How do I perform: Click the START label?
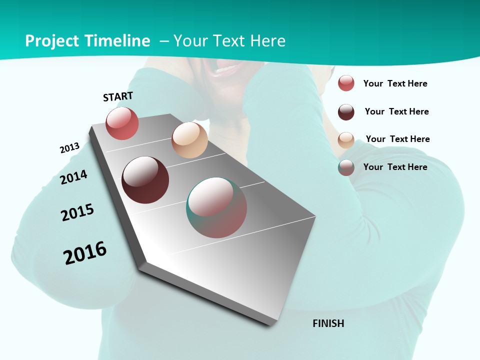[x=118, y=96]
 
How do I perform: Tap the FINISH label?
[x=328, y=323]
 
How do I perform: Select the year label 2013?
[x=69, y=148]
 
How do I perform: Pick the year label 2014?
[x=73, y=177]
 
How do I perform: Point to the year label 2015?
[x=77, y=212]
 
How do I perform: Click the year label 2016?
[x=85, y=253]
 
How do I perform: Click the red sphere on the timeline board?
[x=122, y=123]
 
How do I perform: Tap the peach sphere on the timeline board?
[x=189, y=140]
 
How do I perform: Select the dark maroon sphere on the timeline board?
[x=145, y=180]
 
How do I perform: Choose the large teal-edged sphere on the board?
[x=216, y=207]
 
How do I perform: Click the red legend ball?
[x=346, y=83]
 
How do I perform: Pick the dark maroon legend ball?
[x=346, y=112]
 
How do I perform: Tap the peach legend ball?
[x=346, y=140]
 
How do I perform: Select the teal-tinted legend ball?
[x=346, y=167]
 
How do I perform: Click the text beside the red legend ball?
[x=395, y=83]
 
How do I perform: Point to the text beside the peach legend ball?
[x=397, y=139]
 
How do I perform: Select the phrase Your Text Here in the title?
[x=229, y=41]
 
